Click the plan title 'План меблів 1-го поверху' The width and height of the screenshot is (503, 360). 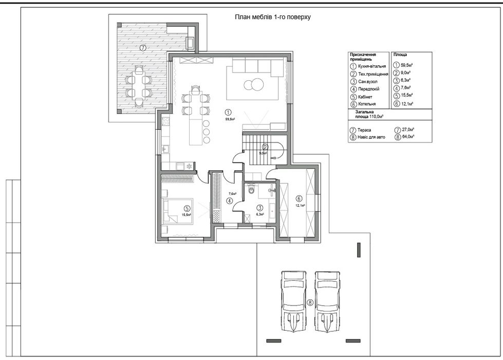(x=273, y=17)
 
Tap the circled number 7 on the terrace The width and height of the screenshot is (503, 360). (x=143, y=48)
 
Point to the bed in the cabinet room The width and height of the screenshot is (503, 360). (x=178, y=211)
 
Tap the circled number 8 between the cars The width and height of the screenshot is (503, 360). (x=310, y=302)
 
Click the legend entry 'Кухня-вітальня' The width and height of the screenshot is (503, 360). (x=372, y=66)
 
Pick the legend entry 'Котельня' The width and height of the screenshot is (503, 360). (x=367, y=104)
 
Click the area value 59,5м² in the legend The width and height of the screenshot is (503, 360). (x=407, y=65)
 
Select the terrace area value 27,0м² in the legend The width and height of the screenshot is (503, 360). (x=408, y=130)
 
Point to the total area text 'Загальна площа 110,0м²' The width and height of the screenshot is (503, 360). (x=369, y=115)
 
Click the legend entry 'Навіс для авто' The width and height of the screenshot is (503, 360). (x=371, y=137)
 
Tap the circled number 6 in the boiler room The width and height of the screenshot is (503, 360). (x=300, y=198)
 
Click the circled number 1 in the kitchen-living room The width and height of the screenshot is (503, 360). (x=228, y=113)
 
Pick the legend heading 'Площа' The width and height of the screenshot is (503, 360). (x=400, y=55)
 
